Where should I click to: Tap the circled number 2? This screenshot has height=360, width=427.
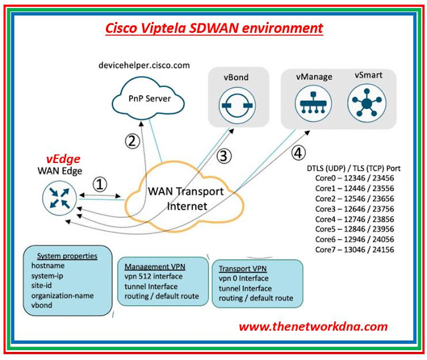[x=133, y=142]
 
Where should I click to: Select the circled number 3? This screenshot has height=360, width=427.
[x=224, y=156]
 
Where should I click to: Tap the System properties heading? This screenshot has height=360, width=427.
[x=67, y=255]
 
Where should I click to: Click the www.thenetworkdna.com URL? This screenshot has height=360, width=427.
[x=313, y=327]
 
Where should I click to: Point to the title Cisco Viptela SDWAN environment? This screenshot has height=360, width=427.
[x=214, y=28]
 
